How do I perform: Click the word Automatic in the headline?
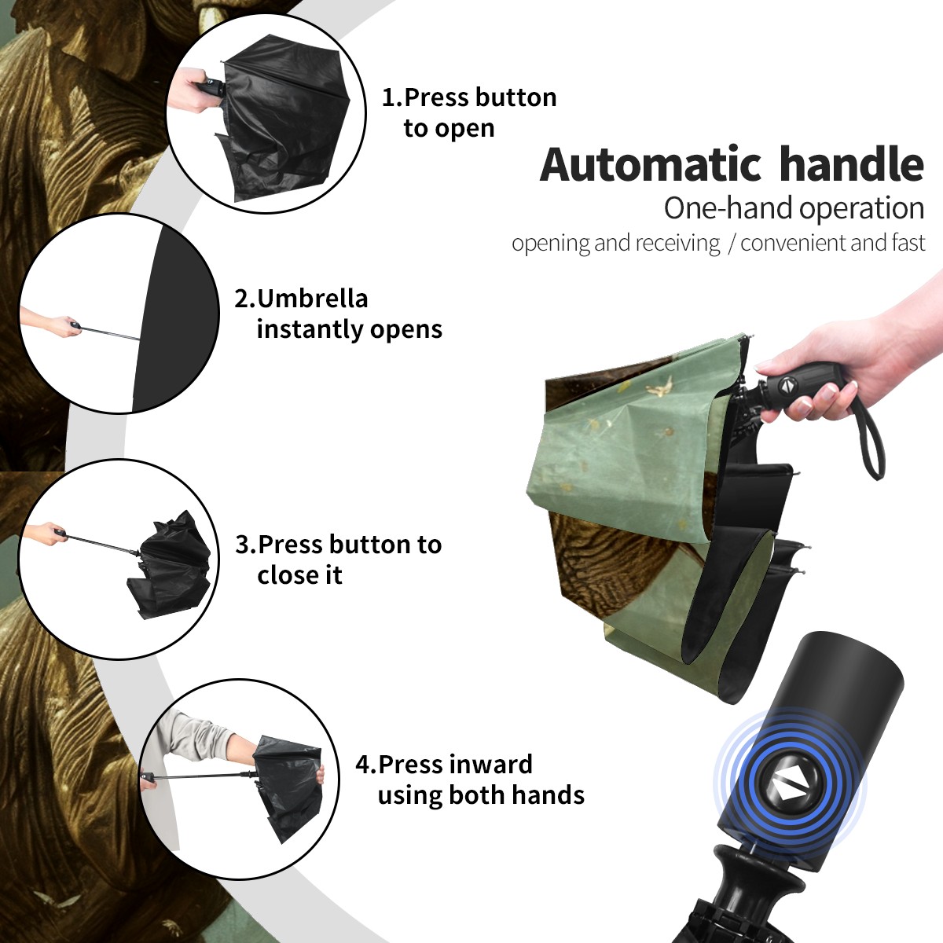(651, 165)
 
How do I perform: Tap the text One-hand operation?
(794, 208)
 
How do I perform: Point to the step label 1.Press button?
(469, 97)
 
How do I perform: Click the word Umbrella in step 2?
(312, 299)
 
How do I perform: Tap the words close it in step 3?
(299, 575)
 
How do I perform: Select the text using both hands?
(481, 795)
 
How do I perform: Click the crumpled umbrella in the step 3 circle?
(171, 565)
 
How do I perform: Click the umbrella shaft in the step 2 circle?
(109, 332)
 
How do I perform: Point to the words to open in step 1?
(449, 129)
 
